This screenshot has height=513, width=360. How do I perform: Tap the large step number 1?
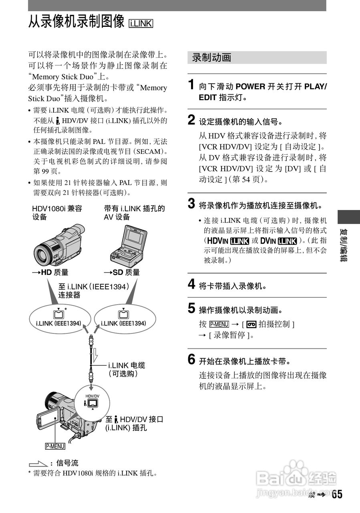click(x=192, y=85)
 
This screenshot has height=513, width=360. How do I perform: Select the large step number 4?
click(x=192, y=285)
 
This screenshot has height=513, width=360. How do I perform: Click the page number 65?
click(x=337, y=494)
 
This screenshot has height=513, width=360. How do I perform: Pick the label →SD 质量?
click(x=122, y=273)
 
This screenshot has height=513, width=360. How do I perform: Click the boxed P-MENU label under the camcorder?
click(x=55, y=446)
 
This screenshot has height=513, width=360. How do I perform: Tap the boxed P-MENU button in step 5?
click(x=219, y=324)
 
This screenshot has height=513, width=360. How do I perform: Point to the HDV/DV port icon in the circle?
click(x=92, y=402)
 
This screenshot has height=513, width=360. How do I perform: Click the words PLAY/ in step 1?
click(x=316, y=87)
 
